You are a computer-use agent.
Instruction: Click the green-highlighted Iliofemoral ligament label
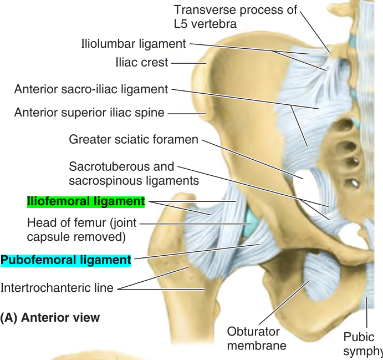(x=86, y=201)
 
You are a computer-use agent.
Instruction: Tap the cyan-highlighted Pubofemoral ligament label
(x=65, y=260)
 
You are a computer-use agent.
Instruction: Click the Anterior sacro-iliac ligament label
(x=91, y=89)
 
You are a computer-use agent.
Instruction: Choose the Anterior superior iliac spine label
(x=89, y=113)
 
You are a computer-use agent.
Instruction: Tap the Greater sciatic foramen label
(x=133, y=139)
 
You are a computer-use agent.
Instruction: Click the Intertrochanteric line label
(x=57, y=288)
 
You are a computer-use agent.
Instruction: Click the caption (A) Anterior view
(x=50, y=318)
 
